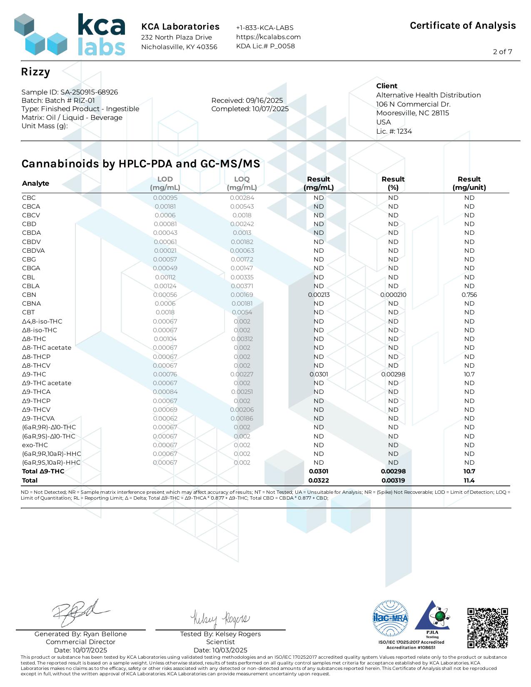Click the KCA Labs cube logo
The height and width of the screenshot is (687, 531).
click(x=40, y=35)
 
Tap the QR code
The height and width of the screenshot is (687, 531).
click(x=487, y=628)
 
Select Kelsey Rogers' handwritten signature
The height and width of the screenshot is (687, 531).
click(x=220, y=619)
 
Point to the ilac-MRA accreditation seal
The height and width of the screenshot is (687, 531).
click(x=390, y=618)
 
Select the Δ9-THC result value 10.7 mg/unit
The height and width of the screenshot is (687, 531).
click(x=469, y=374)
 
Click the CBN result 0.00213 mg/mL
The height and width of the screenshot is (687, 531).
click(x=319, y=295)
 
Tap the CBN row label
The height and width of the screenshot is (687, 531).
click(x=29, y=295)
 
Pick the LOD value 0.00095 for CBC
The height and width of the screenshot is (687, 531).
click(x=165, y=198)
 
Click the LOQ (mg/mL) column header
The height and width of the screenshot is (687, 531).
click(x=242, y=183)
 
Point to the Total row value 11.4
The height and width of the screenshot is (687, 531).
click(x=469, y=480)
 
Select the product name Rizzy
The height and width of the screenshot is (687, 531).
click(x=35, y=72)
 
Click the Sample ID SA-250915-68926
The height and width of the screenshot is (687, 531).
click(x=70, y=92)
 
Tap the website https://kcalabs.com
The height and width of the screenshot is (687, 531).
click(x=268, y=37)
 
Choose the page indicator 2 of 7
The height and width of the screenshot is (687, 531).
click(x=502, y=52)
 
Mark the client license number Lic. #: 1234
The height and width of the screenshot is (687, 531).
click(x=394, y=131)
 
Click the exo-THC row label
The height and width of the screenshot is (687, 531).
click(x=35, y=445)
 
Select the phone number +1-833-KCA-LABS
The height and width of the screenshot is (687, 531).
click(x=264, y=27)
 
